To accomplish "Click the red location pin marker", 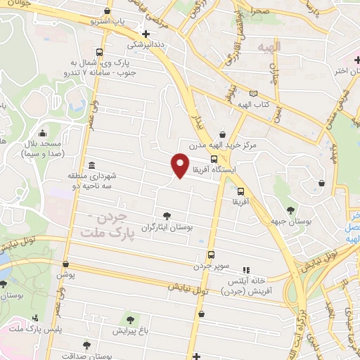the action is click(x=180, y=165).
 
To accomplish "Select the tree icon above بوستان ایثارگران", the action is click(x=166, y=217).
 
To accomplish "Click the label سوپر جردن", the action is click(x=211, y=266).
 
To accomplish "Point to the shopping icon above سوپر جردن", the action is click(x=211, y=255).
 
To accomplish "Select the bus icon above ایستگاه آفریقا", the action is click(x=214, y=158).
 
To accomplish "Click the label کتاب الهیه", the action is click(x=270, y=105).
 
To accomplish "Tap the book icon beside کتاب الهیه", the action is click(x=253, y=93).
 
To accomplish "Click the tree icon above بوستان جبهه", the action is click(x=290, y=209).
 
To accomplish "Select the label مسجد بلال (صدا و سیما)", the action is click(x=44, y=148).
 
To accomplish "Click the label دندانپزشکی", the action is click(x=146, y=44).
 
